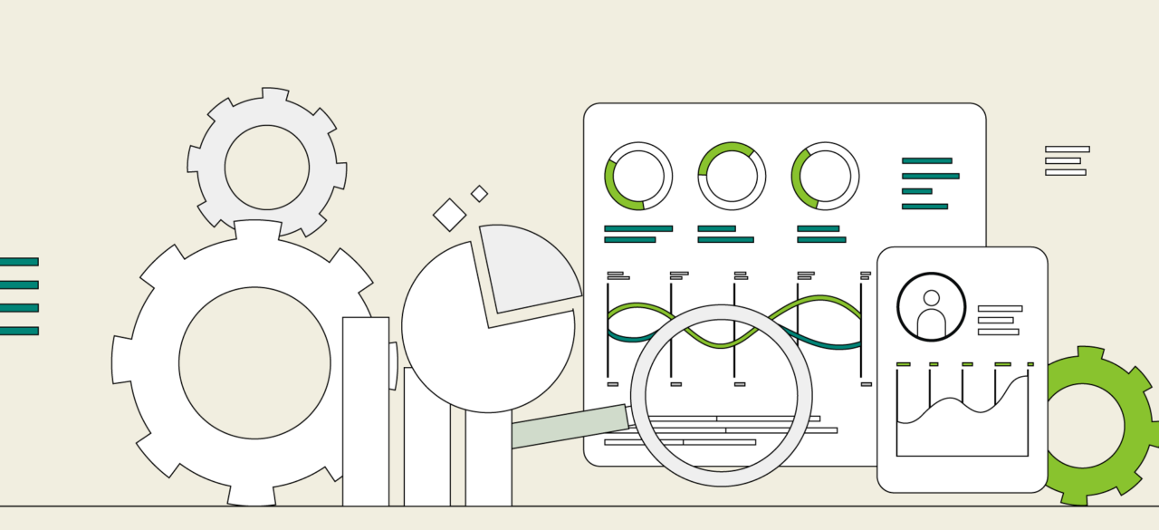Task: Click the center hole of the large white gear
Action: point(254,362)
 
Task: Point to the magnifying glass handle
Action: point(569,426)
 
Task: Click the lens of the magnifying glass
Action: point(721,395)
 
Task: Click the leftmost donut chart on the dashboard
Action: point(638,176)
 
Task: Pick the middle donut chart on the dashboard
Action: point(732,176)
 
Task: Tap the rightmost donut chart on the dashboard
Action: point(825,176)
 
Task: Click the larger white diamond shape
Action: point(449,215)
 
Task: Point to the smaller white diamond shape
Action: point(479,193)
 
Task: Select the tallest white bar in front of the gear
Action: point(366,412)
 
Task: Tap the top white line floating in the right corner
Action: point(1067,149)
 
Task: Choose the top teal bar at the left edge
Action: point(18,262)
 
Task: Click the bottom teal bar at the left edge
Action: point(18,331)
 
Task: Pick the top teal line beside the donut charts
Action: point(926,160)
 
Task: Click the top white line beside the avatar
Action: point(1000,308)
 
